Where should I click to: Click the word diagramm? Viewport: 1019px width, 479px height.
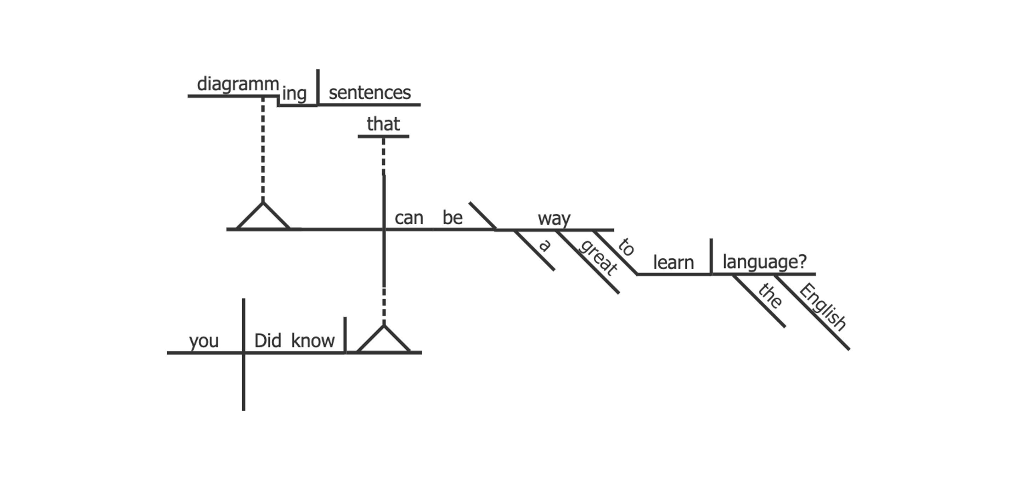238,84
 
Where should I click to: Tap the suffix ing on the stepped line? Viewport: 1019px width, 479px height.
294,94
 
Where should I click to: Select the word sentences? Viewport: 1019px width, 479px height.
370,93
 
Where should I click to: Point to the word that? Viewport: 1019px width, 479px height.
383,124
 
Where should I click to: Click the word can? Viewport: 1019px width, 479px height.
409,218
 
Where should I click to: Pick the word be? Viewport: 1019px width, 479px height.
452,218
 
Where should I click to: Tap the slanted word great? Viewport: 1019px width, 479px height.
598,258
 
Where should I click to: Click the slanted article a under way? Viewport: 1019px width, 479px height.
545,246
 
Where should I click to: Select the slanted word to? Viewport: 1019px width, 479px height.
626,247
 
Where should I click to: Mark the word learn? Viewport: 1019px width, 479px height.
673,263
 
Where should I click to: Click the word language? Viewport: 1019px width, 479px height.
764,262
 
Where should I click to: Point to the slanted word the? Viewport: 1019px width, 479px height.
770,295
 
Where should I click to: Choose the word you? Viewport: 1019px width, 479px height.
204,341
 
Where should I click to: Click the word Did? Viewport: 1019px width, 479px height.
268,341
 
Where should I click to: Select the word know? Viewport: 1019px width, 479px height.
313,341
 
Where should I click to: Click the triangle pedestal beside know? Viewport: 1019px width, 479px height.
383,340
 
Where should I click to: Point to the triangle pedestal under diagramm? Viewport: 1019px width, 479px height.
263,218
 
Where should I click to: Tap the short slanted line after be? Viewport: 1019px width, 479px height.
482,215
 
